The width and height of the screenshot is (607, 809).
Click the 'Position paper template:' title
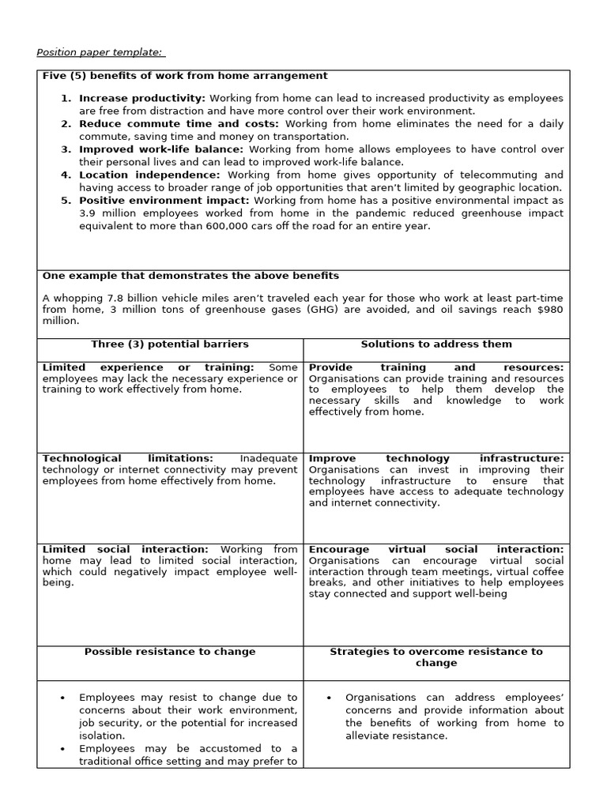100,53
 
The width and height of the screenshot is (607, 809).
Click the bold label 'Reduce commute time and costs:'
179,124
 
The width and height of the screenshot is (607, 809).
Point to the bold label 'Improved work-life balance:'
162,149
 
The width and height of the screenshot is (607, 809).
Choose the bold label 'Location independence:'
149,175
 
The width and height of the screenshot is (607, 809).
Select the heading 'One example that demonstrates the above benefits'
190,276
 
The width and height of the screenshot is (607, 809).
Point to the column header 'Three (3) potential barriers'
170,344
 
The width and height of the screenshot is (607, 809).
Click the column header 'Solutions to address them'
436,344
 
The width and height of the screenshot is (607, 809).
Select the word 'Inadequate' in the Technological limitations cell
269,458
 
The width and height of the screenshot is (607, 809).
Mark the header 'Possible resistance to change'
170,652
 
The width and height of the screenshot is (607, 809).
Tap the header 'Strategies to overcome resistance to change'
436,657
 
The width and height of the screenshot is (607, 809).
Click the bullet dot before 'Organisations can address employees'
329,698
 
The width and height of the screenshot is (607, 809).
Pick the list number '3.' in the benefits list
66,149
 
